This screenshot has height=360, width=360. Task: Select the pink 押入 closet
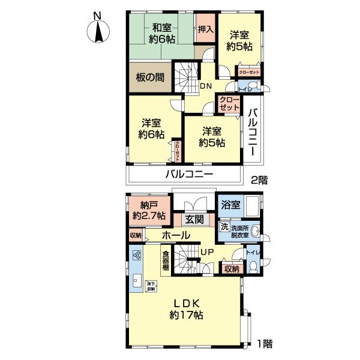coord(205,29)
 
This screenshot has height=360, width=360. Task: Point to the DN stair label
coord(205,86)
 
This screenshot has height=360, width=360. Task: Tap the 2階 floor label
coord(260,179)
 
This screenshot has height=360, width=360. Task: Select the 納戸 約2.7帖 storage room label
coord(147,211)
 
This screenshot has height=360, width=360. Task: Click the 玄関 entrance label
coord(193,219)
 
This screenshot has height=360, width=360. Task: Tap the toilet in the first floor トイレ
coord(253,267)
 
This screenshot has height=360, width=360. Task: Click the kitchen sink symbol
coord(137,279)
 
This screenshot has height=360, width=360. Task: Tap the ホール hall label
coord(176,235)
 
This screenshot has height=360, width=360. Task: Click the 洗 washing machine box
coord(224,227)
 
